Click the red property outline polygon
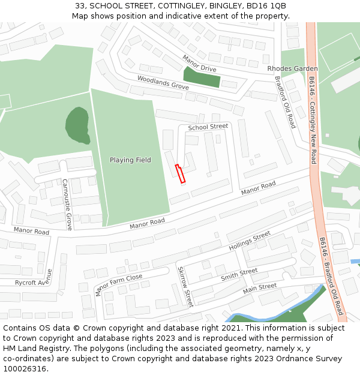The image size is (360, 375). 181,173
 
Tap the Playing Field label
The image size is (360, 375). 130,160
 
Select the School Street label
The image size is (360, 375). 208,127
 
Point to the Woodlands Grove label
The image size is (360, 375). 163,83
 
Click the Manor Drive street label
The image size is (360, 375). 199,64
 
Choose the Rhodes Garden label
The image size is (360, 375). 292,69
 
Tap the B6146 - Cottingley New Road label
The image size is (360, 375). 312,120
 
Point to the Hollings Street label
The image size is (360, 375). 250,241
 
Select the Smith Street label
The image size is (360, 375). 239,275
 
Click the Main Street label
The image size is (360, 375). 260,289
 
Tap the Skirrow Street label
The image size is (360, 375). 185,287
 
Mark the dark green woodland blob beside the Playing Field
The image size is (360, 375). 77,124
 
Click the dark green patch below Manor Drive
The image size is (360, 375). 202,77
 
